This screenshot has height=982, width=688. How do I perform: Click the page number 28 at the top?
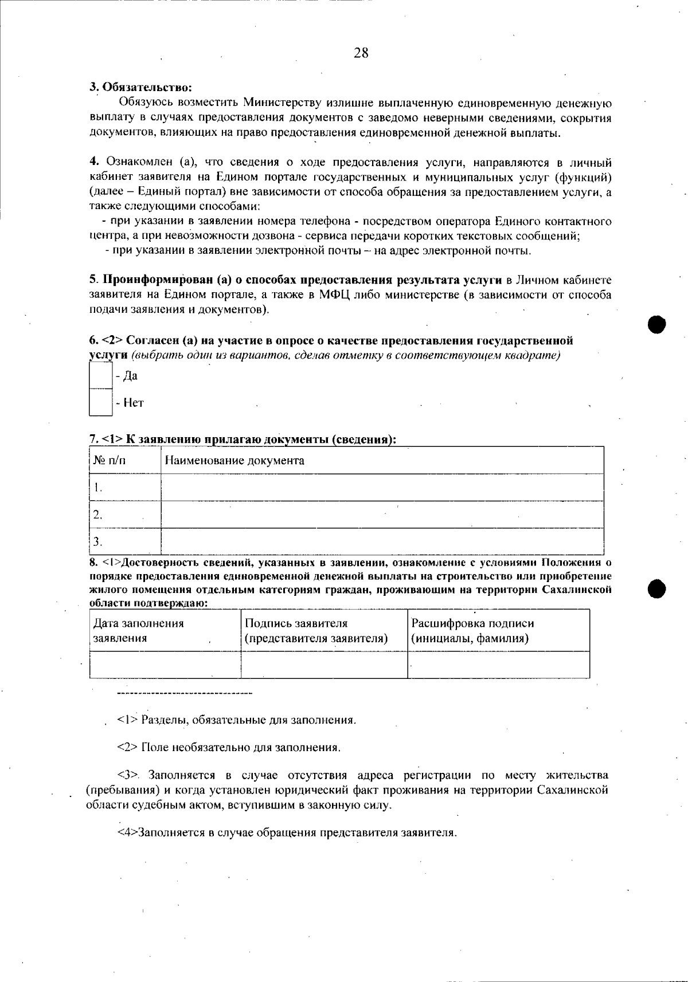[x=361, y=53]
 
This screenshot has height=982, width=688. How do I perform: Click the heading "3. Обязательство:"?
[x=140, y=88]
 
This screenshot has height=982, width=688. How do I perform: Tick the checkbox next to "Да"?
[x=101, y=376]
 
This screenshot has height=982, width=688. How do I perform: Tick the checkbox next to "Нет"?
[x=101, y=403]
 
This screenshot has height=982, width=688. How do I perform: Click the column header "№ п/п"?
[x=110, y=461]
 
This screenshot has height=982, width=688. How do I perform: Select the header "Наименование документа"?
[x=234, y=461]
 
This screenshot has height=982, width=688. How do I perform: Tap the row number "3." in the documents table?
[x=98, y=541]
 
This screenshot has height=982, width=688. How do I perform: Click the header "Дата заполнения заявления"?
[x=138, y=631]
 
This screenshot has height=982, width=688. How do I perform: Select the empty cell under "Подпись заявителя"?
[x=324, y=665]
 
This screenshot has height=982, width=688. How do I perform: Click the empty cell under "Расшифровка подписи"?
[x=498, y=665]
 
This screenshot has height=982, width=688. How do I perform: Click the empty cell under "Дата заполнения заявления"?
[x=165, y=665]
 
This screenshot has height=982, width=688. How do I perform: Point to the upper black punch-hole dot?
[x=656, y=324]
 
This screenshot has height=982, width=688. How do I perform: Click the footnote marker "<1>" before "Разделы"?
[x=127, y=720]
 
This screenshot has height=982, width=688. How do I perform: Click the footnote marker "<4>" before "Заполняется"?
[x=127, y=832]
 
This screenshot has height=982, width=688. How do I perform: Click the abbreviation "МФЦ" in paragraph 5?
[x=334, y=295]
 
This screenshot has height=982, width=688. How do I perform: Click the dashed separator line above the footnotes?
[x=184, y=694]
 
